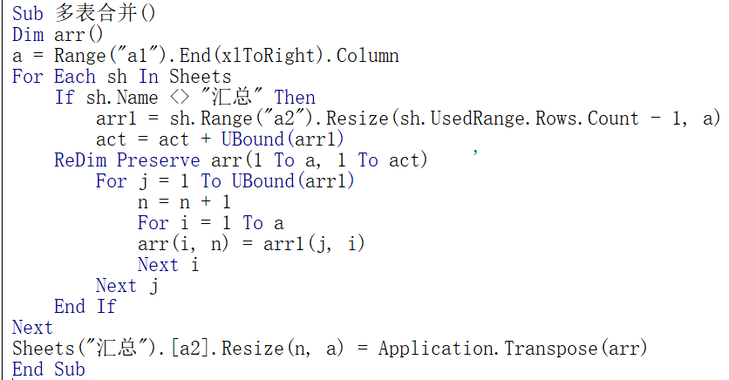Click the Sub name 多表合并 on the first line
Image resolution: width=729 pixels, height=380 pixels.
[x=96, y=13]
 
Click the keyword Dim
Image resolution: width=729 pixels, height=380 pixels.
[x=27, y=35]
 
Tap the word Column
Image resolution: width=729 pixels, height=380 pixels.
[x=367, y=56]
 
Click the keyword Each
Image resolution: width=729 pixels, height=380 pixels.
[x=75, y=77]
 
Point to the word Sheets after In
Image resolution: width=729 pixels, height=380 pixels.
[x=200, y=77]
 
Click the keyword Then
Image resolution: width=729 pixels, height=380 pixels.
[x=295, y=98]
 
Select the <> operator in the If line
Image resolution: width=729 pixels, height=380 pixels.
[x=180, y=98]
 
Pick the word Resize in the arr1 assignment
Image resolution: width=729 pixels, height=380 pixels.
[x=357, y=119]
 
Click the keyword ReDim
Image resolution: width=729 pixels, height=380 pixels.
[x=80, y=160]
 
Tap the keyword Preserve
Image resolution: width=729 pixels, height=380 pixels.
[x=159, y=160]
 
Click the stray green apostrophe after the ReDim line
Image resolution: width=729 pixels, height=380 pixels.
[x=475, y=153]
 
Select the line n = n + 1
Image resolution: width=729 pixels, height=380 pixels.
[x=184, y=202]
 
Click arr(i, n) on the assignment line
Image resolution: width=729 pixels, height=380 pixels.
[x=183, y=244]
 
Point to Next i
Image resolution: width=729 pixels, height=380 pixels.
[x=168, y=265]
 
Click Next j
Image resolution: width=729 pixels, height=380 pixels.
[x=127, y=286]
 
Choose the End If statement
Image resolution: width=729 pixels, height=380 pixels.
[x=85, y=307]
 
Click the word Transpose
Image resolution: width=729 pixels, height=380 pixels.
[x=550, y=349]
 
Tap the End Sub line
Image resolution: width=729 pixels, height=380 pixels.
[x=49, y=370]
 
